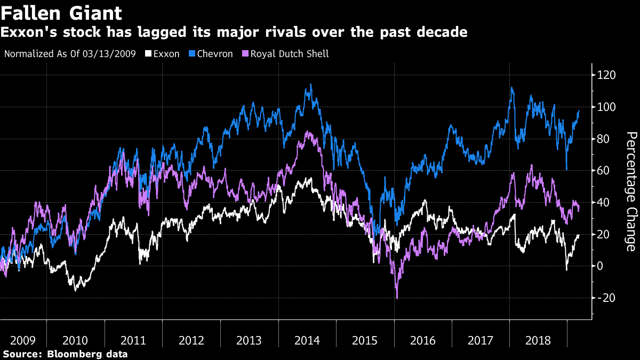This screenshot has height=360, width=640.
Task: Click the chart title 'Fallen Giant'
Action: coord(61,13)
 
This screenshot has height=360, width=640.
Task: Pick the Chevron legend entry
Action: coord(214,54)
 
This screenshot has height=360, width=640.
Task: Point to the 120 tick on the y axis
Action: coord(607,75)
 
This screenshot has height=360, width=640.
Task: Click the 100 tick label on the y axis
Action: coord(607,107)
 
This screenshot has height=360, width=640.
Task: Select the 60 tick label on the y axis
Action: coord(604,171)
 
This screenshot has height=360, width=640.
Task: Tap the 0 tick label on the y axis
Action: coord(601,266)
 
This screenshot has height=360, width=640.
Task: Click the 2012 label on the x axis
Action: coord(191,340)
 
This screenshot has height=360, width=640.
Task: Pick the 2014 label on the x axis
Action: coord(307,340)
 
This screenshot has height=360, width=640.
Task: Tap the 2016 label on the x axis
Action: coord(423,340)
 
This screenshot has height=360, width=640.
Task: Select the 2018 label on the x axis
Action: coord(538,340)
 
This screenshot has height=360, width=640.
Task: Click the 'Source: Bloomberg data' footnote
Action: coord(65,354)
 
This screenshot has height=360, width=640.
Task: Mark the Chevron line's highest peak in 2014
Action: coord(311,84)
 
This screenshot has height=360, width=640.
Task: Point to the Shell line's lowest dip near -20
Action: coord(397,298)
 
